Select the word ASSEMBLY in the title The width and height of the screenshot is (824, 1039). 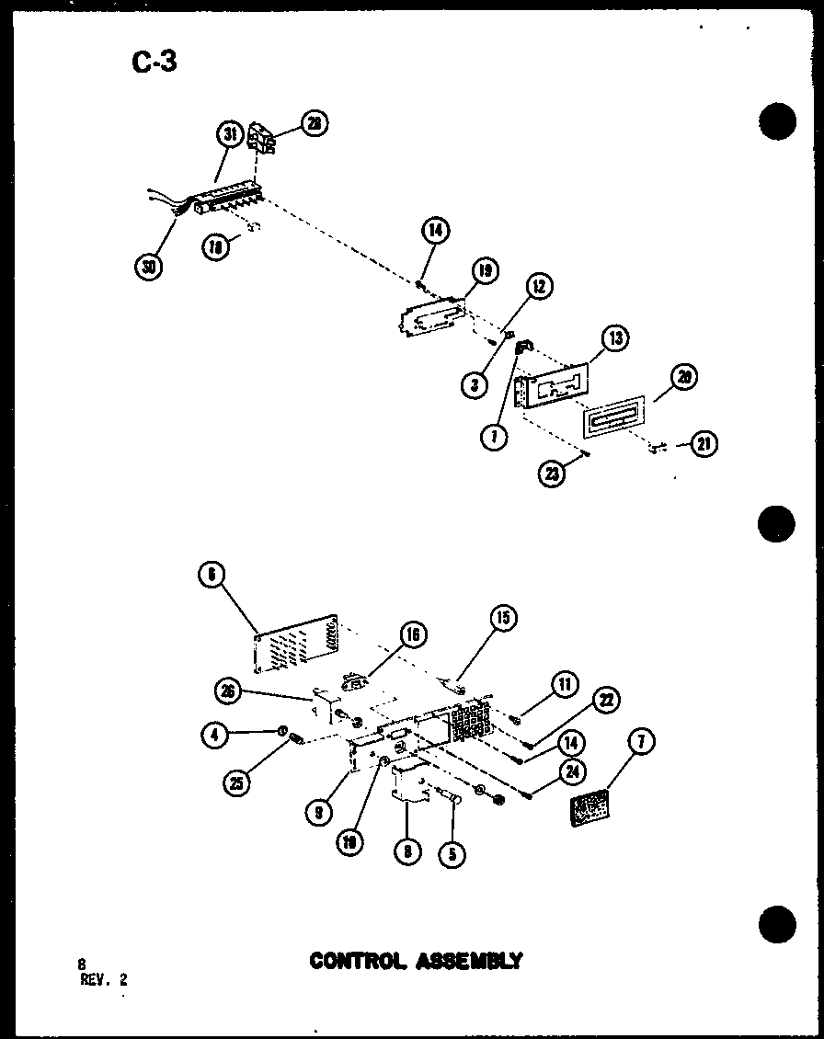coord(470,961)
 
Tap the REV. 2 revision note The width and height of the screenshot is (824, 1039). coord(103,979)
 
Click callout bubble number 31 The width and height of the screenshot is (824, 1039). coord(230,134)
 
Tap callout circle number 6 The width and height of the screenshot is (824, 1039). coord(211,574)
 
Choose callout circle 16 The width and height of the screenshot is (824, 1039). coord(413,633)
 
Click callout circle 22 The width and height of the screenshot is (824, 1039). coord(605,701)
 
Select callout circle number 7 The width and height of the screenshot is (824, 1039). coord(643,740)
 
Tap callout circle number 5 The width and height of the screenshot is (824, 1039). coord(452,853)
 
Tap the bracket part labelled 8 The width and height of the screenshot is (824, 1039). coord(409,786)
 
